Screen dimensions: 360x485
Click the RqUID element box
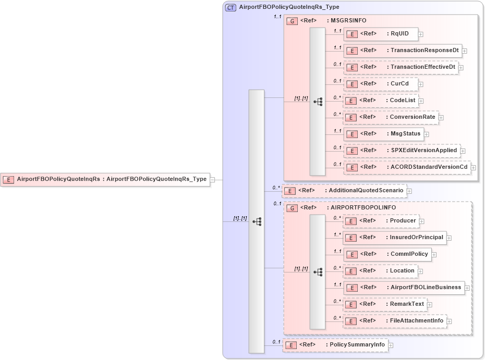click(381, 34)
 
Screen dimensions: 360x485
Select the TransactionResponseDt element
click(403, 51)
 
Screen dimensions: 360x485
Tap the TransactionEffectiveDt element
click(401, 67)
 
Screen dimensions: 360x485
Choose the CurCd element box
click(381, 84)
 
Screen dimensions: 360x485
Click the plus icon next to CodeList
click(421, 101)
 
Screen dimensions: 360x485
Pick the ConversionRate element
click(391, 117)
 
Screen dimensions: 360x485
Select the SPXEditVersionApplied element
click(402, 151)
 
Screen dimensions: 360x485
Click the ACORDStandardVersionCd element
click(407, 167)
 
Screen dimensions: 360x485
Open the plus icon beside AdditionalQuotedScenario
click(409, 191)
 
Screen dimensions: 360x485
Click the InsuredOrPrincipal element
click(394, 238)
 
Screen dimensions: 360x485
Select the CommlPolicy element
click(386, 254)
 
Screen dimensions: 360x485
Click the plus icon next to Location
click(420, 271)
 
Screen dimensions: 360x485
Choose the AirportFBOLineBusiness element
click(404, 288)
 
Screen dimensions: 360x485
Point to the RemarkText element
click(385, 304)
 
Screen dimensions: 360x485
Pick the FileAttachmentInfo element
click(394, 321)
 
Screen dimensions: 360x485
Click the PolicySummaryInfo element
click(335, 345)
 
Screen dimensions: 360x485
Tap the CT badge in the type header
click(230, 7)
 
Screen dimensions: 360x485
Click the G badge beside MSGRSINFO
click(293, 21)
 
